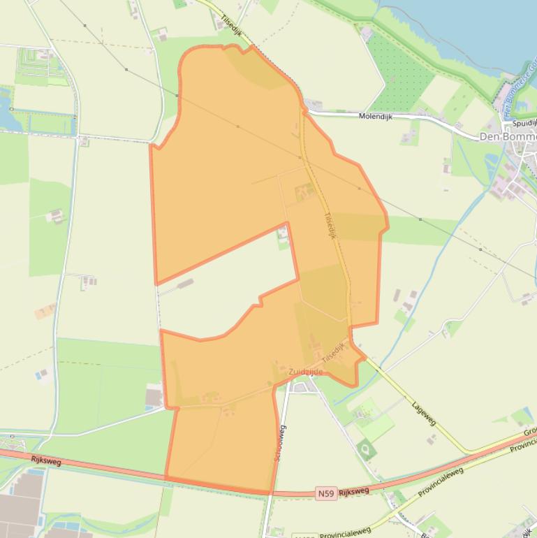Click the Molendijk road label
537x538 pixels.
pos(375,117)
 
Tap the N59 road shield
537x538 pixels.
pos(325,494)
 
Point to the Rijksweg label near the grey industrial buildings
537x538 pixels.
pos(46,461)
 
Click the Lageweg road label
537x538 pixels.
pos(423,413)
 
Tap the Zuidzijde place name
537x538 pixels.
pos(306,372)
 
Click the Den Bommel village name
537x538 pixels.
pos(508,136)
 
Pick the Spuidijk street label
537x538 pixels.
pos(524,123)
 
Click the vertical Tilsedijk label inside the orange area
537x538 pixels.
pos(330,226)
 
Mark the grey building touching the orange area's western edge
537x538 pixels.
pos(154,398)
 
